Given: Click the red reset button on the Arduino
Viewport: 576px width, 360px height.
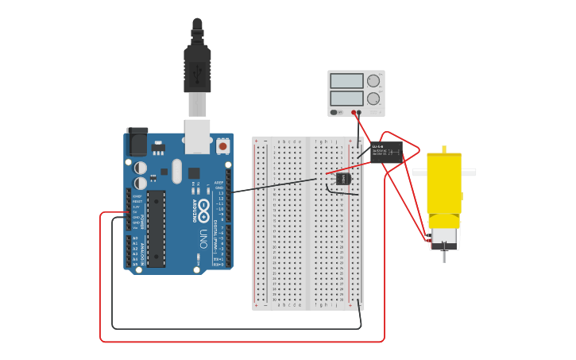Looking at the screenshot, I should (x=223, y=146).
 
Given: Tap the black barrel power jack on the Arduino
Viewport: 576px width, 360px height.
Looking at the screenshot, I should (x=137, y=142).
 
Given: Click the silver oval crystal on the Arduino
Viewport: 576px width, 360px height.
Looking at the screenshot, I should (x=176, y=171).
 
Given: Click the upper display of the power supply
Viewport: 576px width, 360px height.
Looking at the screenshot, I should (x=346, y=81).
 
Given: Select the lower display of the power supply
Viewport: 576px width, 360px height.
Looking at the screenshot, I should (x=346, y=99).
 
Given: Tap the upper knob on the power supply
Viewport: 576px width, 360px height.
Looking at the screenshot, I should (x=373, y=81).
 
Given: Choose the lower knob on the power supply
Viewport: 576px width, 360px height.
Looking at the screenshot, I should (x=373, y=99).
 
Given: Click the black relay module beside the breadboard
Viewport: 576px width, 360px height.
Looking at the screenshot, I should (x=386, y=152).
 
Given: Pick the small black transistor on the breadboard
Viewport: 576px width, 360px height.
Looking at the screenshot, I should (x=343, y=179).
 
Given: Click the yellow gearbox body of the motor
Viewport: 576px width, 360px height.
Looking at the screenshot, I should (x=443, y=183).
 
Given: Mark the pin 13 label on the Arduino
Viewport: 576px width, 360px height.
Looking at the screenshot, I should (x=220, y=193).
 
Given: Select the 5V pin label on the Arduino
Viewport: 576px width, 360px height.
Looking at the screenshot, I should (x=136, y=212).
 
